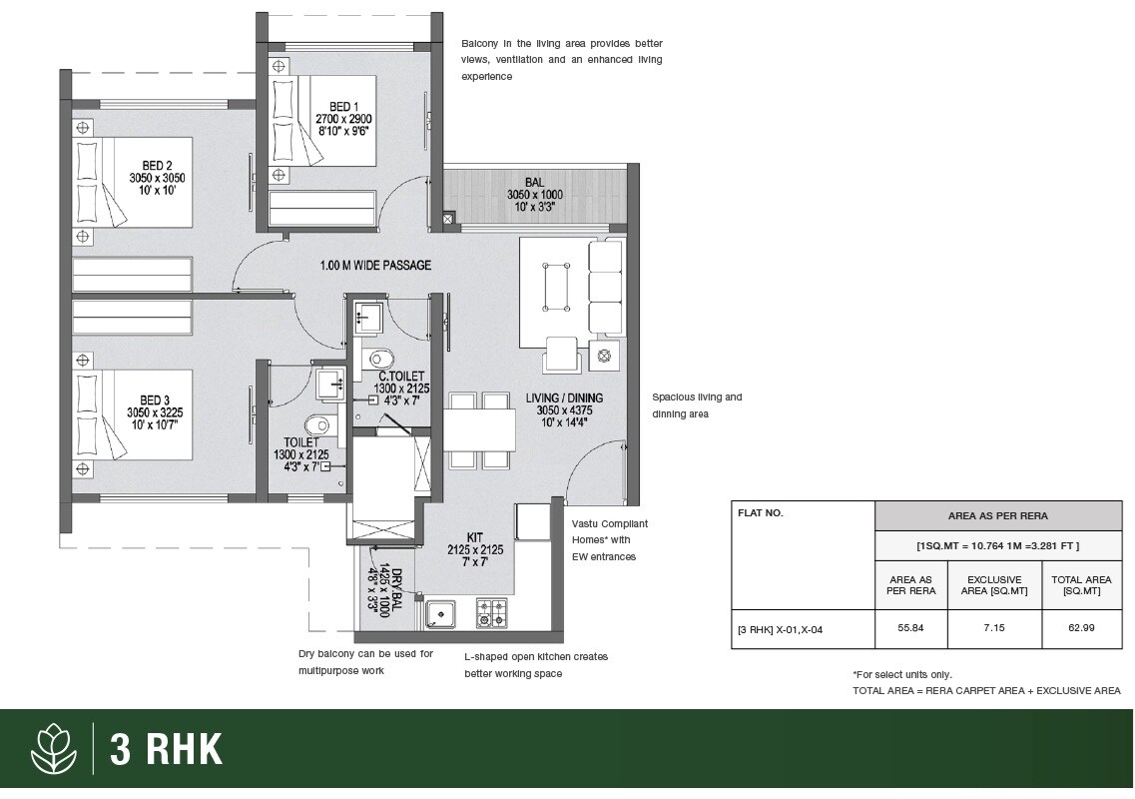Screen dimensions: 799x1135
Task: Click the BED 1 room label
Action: (342, 106)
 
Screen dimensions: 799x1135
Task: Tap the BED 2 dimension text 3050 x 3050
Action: (157, 178)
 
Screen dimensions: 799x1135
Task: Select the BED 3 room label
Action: (155, 399)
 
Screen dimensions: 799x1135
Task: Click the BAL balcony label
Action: (534, 182)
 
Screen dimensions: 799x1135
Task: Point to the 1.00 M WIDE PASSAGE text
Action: (375, 266)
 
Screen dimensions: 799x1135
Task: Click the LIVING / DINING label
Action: (564, 398)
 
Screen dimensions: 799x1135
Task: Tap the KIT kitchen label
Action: (474, 536)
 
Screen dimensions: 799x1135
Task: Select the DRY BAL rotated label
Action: (396, 589)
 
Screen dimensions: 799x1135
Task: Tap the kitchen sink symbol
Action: (440, 612)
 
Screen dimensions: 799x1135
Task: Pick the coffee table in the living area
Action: (556, 287)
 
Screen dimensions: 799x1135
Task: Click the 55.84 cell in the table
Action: (910, 629)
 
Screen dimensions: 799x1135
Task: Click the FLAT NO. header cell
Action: (760, 513)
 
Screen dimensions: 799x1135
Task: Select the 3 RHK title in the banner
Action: (166, 749)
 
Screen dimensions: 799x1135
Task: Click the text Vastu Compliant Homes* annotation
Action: (609, 531)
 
